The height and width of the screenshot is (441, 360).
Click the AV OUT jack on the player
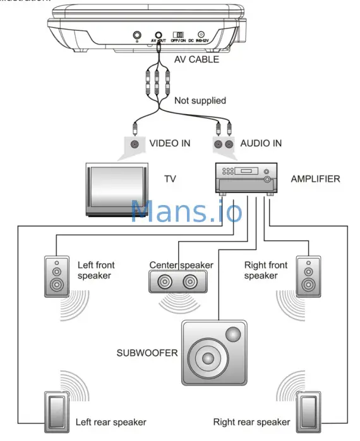click(158, 36)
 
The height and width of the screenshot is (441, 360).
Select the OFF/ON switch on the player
click(179, 35)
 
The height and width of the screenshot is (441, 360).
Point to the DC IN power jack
click(201, 35)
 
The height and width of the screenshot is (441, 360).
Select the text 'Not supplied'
click(199, 100)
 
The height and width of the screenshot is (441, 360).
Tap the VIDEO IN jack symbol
click(134, 144)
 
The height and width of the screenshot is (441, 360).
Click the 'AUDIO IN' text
click(261, 143)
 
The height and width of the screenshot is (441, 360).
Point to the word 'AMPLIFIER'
click(315, 179)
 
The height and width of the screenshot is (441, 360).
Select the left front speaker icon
click(57, 276)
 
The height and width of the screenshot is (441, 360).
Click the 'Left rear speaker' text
click(111, 422)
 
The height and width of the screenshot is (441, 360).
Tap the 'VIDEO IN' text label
click(169, 143)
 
